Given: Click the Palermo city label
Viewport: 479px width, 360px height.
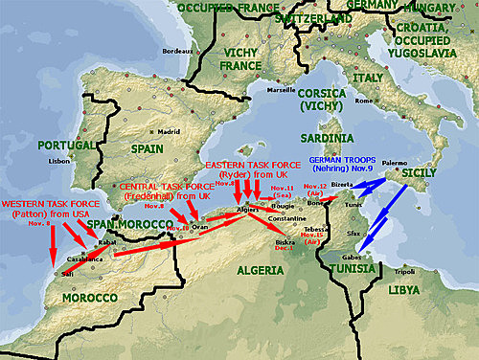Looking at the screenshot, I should point(396,164).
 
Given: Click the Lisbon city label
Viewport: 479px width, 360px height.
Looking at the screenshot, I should point(59,161).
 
